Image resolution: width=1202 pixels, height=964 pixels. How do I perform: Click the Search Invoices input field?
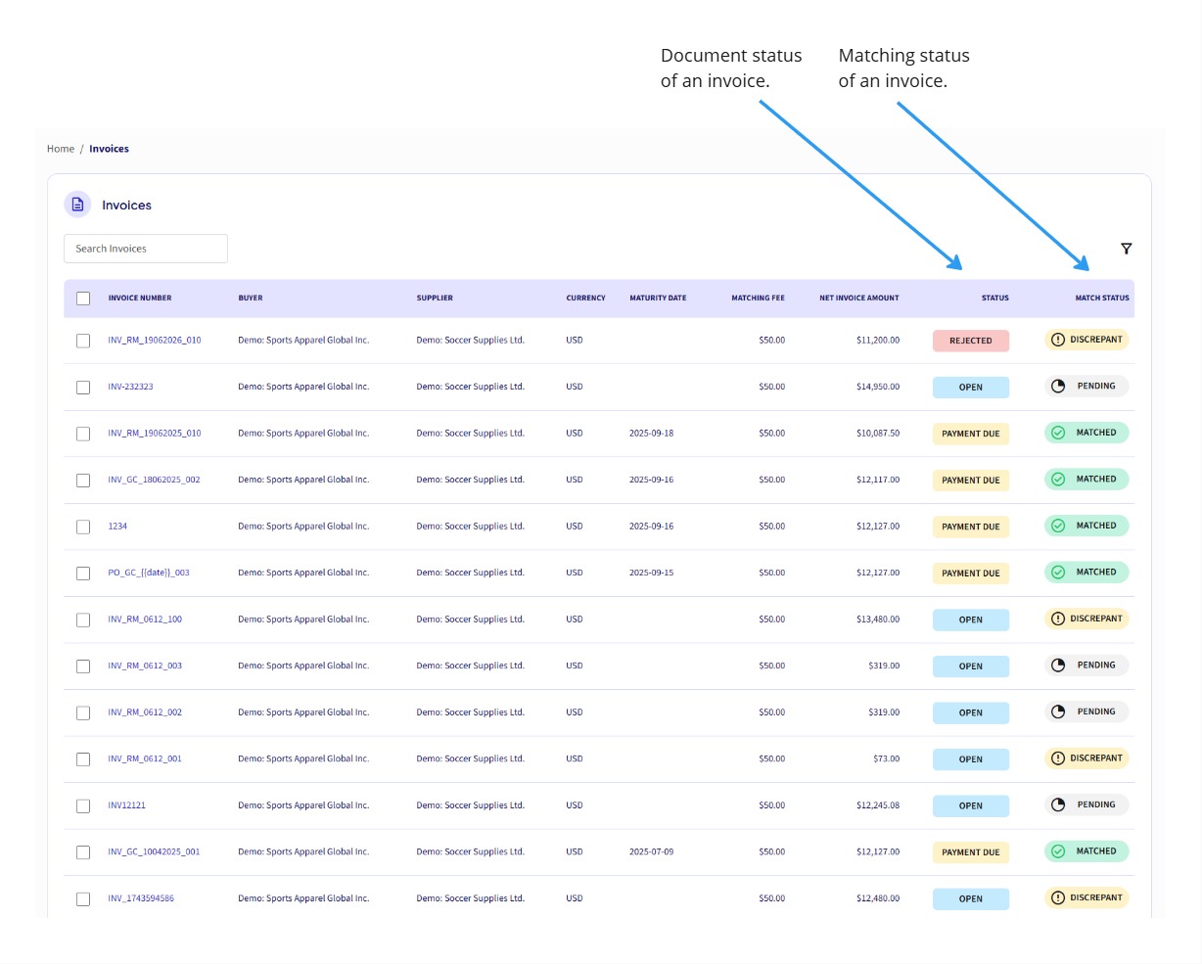(x=145, y=249)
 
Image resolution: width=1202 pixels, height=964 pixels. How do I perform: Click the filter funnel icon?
(x=1126, y=249)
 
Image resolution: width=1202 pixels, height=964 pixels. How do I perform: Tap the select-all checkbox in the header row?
(x=83, y=298)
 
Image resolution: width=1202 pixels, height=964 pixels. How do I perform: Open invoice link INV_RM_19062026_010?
(x=154, y=341)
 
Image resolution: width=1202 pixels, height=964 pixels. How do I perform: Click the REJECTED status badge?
(x=970, y=341)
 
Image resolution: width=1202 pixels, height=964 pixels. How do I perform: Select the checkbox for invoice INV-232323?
(x=83, y=388)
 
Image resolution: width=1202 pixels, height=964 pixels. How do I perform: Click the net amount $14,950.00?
(x=877, y=387)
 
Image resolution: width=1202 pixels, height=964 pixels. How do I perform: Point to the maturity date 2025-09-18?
(x=651, y=434)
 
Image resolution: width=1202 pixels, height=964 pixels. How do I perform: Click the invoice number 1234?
(x=117, y=527)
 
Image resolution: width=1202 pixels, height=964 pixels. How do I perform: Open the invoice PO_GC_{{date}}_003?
(x=149, y=573)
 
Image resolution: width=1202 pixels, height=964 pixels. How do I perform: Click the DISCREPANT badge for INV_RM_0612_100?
(x=1086, y=619)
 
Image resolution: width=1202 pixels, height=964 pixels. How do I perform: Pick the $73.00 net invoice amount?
(x=886, y=758)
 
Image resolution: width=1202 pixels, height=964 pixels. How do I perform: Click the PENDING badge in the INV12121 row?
(x=1086, y=804)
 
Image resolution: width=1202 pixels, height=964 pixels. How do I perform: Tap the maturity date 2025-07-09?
(x=651, y=851)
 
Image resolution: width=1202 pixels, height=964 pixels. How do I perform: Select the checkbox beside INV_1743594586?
(x=83, y=898)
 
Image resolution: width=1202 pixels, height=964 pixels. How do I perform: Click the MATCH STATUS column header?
(x=1101, y=298)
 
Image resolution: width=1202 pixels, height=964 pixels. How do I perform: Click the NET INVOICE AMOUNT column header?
(x=858, y=298)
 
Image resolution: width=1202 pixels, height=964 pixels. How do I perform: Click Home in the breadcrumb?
(x=61, y=149)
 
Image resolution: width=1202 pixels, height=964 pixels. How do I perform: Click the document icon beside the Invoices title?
(x=77, y=205)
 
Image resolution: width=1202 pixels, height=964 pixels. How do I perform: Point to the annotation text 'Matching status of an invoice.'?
(x=903, y=69)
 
